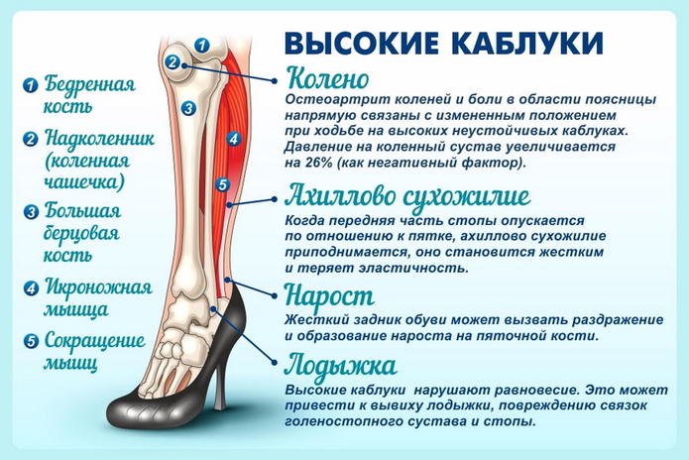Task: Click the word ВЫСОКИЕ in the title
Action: coord(360,43)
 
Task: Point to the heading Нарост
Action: coord(328,296)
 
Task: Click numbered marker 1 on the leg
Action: coord(201,45)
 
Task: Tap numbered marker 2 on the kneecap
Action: coord(172,61)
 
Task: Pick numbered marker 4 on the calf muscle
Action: coord(233,140)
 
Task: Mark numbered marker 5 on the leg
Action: coord(222,184)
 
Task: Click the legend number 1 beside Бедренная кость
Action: coord(30,85)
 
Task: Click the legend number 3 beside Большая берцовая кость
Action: coord(30,211)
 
